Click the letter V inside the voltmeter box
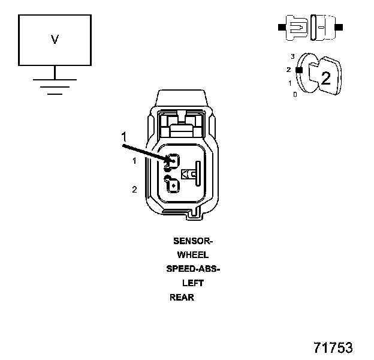coord(55,40)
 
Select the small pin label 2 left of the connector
coord(134,190)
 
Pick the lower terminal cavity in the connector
coord(173,185)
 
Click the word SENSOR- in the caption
coord(193,241)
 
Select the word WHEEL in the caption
coord(193,255)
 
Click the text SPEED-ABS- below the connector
coord(193,269)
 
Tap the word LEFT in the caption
coord(193,283)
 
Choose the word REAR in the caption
coord(182,297)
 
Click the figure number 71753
coord(333,348)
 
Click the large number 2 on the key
coord(325,77)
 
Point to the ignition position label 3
coord(292,56)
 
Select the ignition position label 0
coord(295,95)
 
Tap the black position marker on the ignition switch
coord(298,70)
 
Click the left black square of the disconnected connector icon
coord(280,27)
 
